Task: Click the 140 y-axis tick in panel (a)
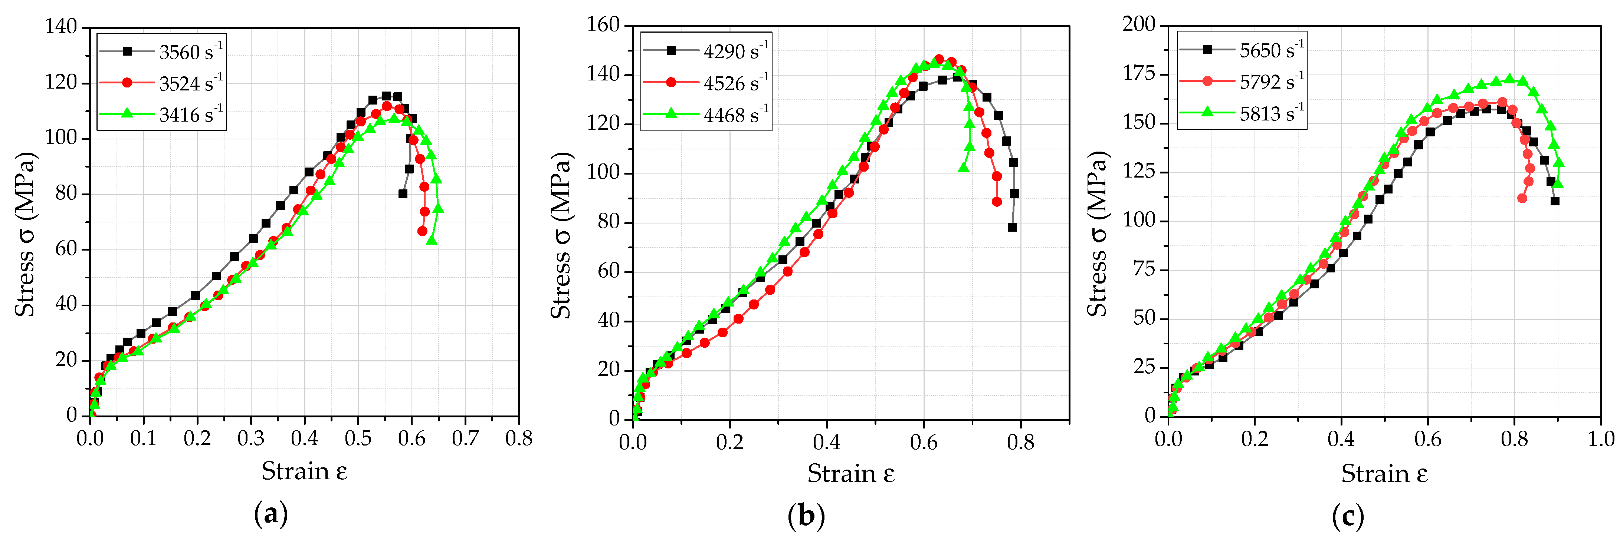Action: pyautogui.click(x=61, y=27)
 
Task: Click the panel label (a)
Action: pyautogui.click(x=271, y=514)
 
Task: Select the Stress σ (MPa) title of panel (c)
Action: pyautogui.click(x=1098, y=234)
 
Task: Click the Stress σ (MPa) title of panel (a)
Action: pyautogui.click(x=25, y=234)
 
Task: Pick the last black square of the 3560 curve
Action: pyautogui.click(x=403, y=193)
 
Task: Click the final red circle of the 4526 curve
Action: pyautogui.click(x=997, y=202)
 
